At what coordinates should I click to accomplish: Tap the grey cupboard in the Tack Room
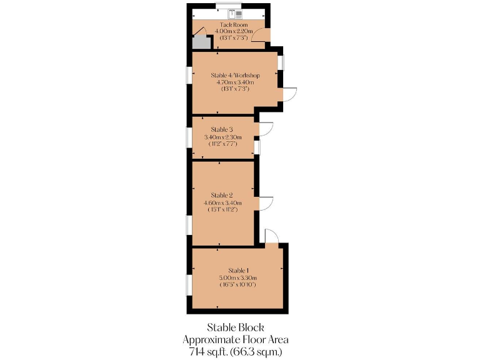(201, 42)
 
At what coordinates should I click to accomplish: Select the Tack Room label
(224, 25)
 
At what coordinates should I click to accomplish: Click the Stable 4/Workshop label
(234, 75)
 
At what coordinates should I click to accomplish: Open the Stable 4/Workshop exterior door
(289, 94)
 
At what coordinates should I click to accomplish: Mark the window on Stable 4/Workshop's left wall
(189, 74)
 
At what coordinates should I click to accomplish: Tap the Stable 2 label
(222, 195)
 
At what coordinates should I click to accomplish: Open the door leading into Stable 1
(272, 236)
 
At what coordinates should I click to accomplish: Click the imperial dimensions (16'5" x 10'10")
(237, 284)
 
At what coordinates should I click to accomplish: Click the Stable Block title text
(236, 327)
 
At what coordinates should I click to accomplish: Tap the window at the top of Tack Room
(224, 6)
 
